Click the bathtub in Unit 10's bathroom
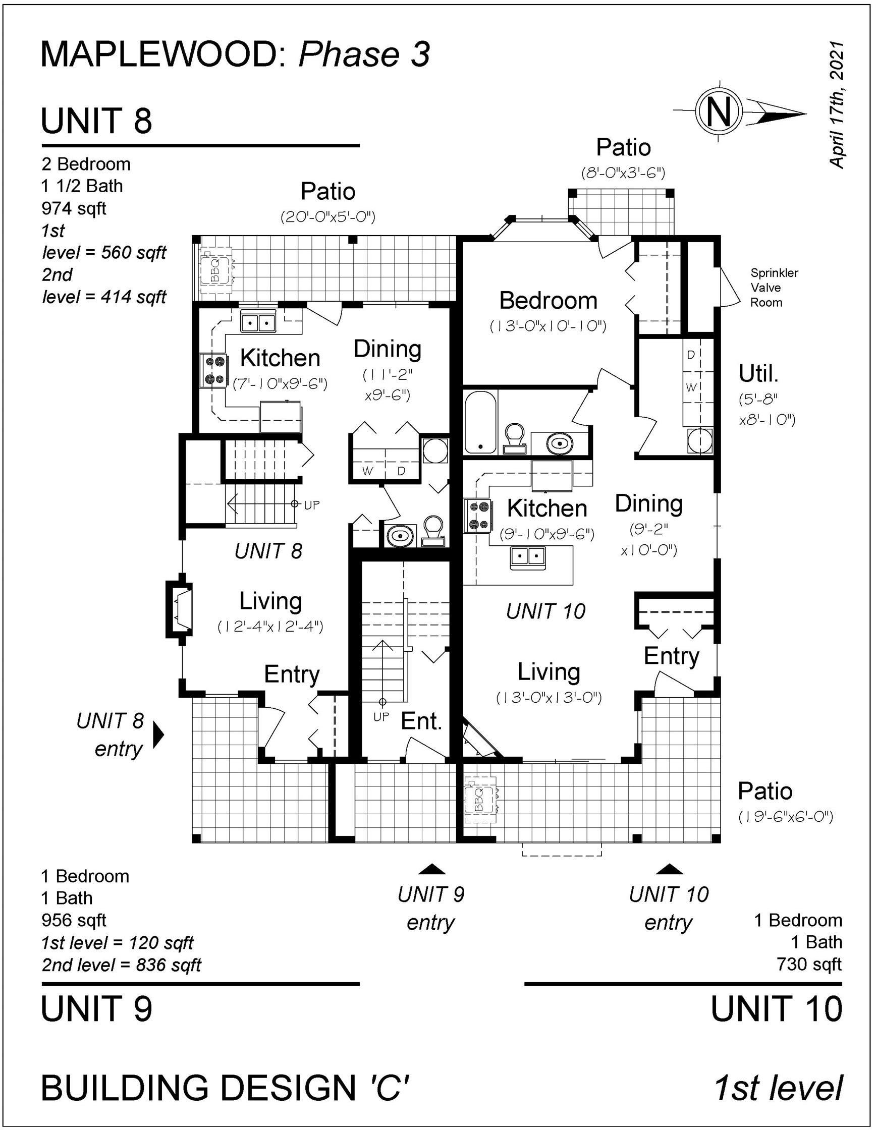click(x=480, y=422)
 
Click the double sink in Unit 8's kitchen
click(x=258, y=322)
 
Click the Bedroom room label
click(x=548, y=301)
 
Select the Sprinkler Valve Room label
click(x=774, y=288)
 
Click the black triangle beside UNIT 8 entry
click(x=159, y=734)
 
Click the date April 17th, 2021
click(x=837, y=104)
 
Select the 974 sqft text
click(x=74, y=208)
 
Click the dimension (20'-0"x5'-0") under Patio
click(x=327, y=217)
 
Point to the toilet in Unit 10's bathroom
click(x=514, y=438)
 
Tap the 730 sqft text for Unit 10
click(x=809, y=965)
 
